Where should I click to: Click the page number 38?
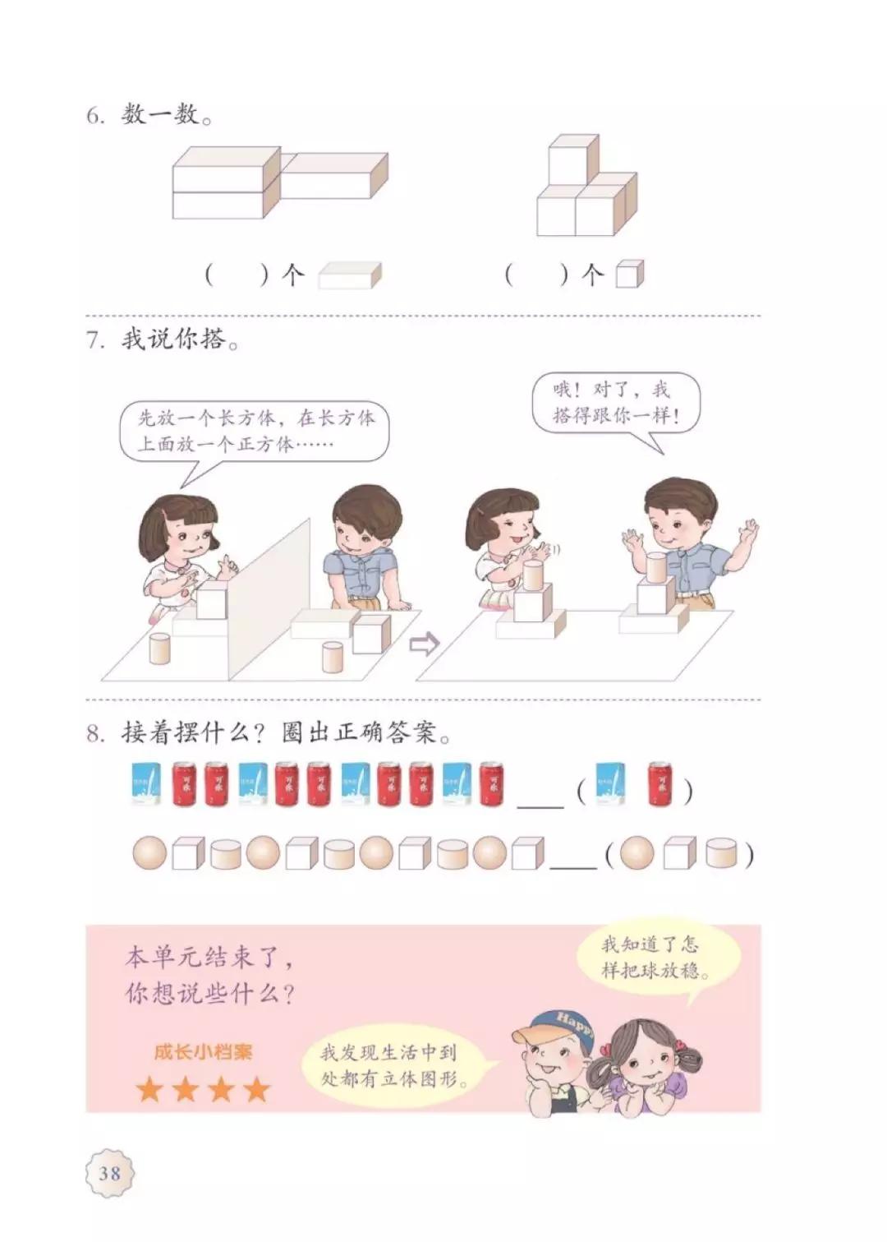point(110,1171)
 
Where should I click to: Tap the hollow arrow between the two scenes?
point(424,644)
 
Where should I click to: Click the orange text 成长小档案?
point(203,1051)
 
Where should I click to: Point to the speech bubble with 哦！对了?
point(615,403)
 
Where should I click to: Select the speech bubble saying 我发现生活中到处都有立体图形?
point(400,1065)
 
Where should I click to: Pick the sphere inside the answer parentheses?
point(637,854)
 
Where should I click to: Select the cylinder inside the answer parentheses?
point(721,854)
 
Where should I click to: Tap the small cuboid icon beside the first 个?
point(350,275)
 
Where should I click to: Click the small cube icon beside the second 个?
point(630,275)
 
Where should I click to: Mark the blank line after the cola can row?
point(540,804)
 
